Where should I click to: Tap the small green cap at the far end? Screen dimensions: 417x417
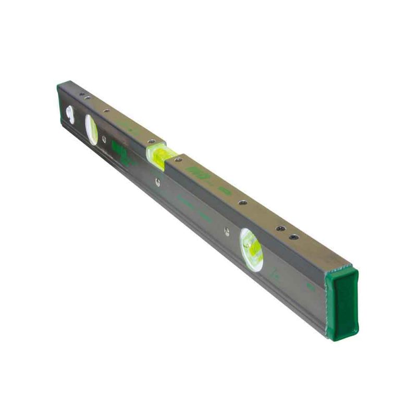click(x=64, y=84)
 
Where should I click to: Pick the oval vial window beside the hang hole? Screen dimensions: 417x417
click(x=91, y=129)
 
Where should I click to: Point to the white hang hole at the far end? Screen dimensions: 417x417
click(x=70, y=113)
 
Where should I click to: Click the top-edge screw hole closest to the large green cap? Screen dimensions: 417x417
click(x=294, y=237)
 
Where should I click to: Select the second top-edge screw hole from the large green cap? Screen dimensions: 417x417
click(x=280, y=229)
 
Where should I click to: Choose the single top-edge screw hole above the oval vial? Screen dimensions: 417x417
click(x=106, y=111)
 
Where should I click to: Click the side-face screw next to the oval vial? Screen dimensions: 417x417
click(x=104, y=139)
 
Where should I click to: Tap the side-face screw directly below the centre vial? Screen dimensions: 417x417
click(x=157, y=182)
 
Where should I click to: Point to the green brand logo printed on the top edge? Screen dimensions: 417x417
click(x=199, y=174)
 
